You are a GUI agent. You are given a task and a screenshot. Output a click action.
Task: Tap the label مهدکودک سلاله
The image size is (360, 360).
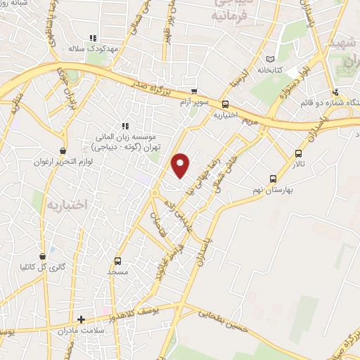pos(86,50)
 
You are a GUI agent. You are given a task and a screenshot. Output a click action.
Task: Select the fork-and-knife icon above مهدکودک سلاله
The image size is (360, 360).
pos(91,39)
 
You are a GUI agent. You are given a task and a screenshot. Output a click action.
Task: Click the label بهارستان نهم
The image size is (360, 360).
pos(274,191)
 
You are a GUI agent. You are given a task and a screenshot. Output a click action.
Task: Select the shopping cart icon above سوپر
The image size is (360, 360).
pos(195,92)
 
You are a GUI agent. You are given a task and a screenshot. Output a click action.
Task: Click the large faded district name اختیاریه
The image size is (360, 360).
pos(70,205)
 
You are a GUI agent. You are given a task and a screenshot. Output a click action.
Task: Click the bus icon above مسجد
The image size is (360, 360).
pos(117,260)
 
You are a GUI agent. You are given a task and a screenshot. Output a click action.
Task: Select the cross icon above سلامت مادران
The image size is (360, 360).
pos(82,319)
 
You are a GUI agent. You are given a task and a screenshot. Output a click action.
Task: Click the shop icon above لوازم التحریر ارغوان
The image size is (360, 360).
pos(63,150)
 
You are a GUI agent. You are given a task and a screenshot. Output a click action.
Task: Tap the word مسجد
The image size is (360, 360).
pos(117,271)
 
